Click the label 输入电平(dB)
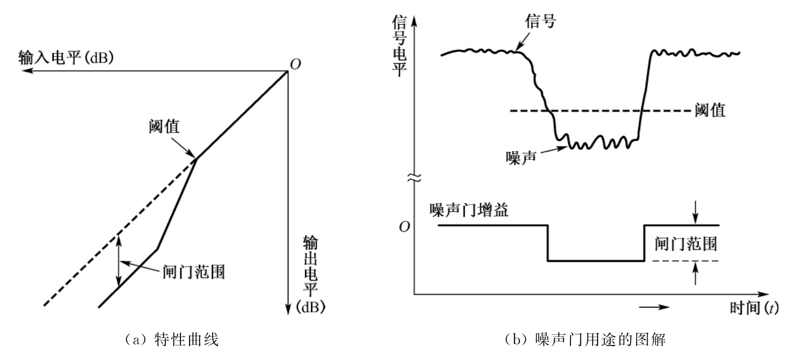pyautogui.click(x=66, y=58)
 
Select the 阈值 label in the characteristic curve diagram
pyautogui.click(x=164, y=126)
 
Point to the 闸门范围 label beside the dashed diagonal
pyautogui.click(x=194, y=271)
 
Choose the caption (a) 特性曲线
pyautogui.click(x=171, y=339)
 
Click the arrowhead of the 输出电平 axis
pyautogui.click(x=288, y=309)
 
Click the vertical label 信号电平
pyautogui.click(x=399, y=46)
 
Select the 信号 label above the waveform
pyautogui.click(x=540, y=22)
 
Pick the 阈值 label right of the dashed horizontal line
pyautogui.click(x=710, y=110)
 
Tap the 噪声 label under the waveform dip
pyautogui.click(x=521, y=157)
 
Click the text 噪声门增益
pyautogui.click(x=469, y=210)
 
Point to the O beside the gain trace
pyautogui.click(x=404, y=227)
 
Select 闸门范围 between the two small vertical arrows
pyautogui.click(x=686, y=244)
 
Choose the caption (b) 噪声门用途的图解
pyautogui.click(x=585, y=339)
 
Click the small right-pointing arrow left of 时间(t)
pyautogui.click(x=655, y=307)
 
